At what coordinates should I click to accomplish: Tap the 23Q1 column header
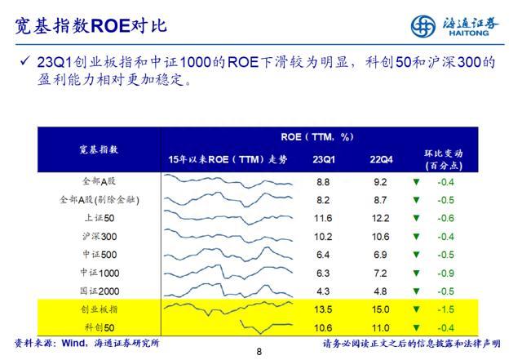point(323,158)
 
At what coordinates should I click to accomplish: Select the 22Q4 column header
point(379,158)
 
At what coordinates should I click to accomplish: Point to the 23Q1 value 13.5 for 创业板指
point(323,310)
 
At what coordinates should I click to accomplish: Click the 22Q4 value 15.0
point(379,310)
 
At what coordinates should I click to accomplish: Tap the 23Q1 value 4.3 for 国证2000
point(323,291)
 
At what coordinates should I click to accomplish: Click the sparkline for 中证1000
point(228,273)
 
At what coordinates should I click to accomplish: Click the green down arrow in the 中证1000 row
point(416,273)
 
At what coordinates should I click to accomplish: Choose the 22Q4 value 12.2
point(379,218)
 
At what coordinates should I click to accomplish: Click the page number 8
point(259,352)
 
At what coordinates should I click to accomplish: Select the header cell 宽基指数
point(98,149)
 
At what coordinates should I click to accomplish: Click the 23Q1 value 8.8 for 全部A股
point(323,181)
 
